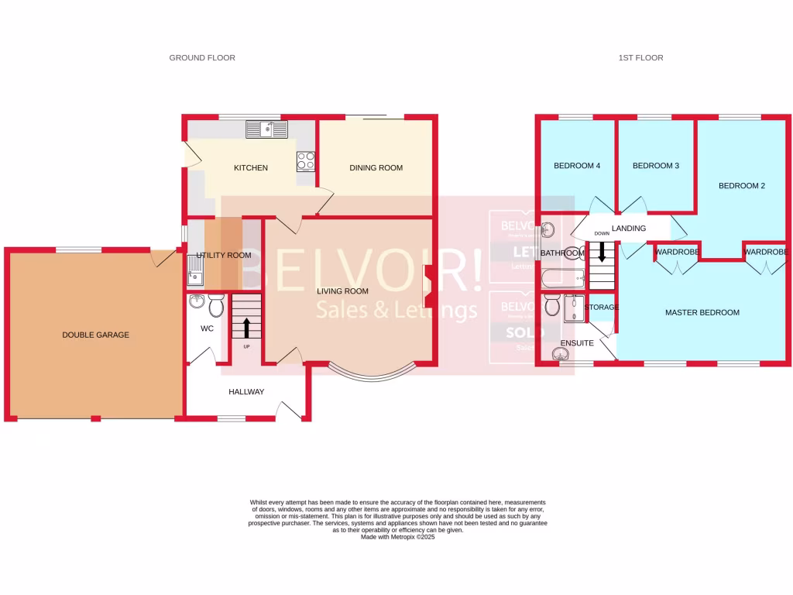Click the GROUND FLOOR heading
(202, 58)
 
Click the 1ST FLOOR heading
(640, 58)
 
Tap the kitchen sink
(267, 129)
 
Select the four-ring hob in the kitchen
(306, 161)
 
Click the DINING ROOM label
(376, 168)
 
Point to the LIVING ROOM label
(342, 291)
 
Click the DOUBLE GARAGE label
(96, 335)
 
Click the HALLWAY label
(246, 392)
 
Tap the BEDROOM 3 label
(656, 166)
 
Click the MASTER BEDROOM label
(702, 313)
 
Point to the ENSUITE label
(576, 342)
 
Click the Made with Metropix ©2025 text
(397, 537)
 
